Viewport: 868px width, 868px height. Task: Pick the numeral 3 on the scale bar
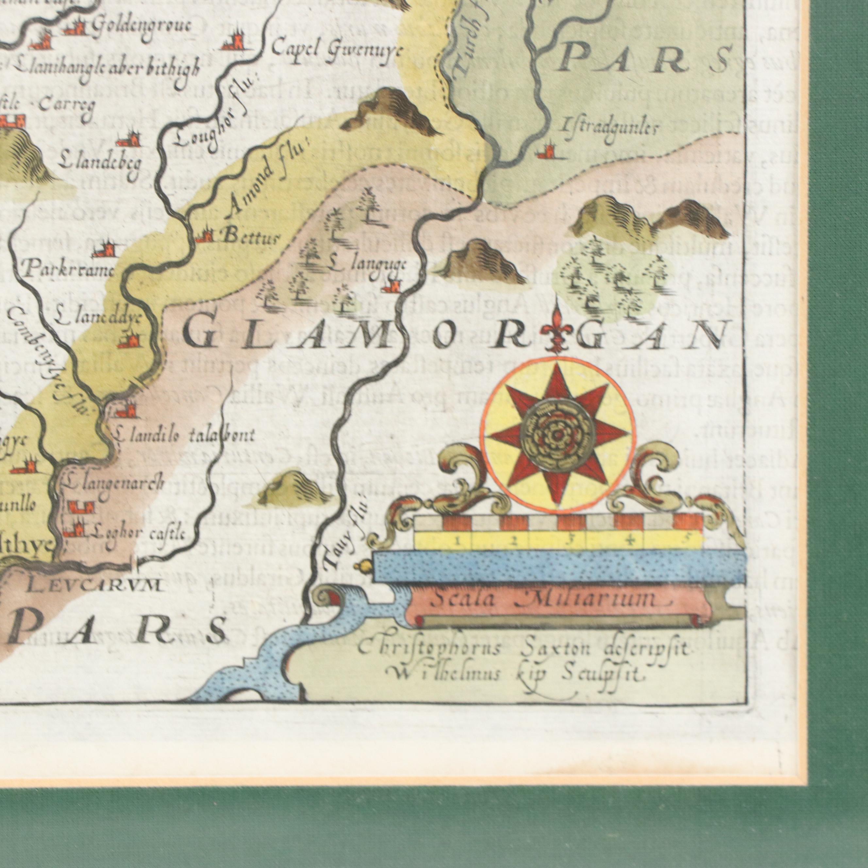[570, 541]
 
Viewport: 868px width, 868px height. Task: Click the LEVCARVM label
[93, 586]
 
